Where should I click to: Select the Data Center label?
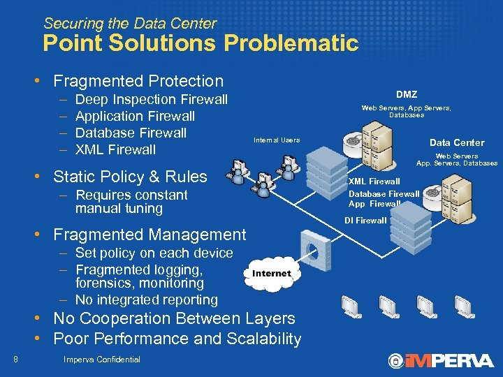pyautogui.click(x=456, y=142)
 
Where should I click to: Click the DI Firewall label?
pyautogui.click(x=365, y=221)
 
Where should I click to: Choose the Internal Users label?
pyautogui.click(x=277, y=140)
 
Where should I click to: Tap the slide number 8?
pyautogui.click(x=15, y=360)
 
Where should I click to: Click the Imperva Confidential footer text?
pyautogui.click(x=101, y=360)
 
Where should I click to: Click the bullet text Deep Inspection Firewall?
pyautogui.click(x=151, y=99)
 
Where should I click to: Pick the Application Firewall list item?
pyautogui.click(x=135, y=116)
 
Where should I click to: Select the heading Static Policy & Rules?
pyautogui.click(x=130, y=176)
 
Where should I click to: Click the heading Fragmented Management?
pyautogui.click(x=150, y=235)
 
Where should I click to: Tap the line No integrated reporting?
pyautogui.click(x=147, y=300)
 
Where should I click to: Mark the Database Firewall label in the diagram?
pyautogui.click(x=384, y=193)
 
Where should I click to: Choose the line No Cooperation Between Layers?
pyautogui.click(x=174, y=318)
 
